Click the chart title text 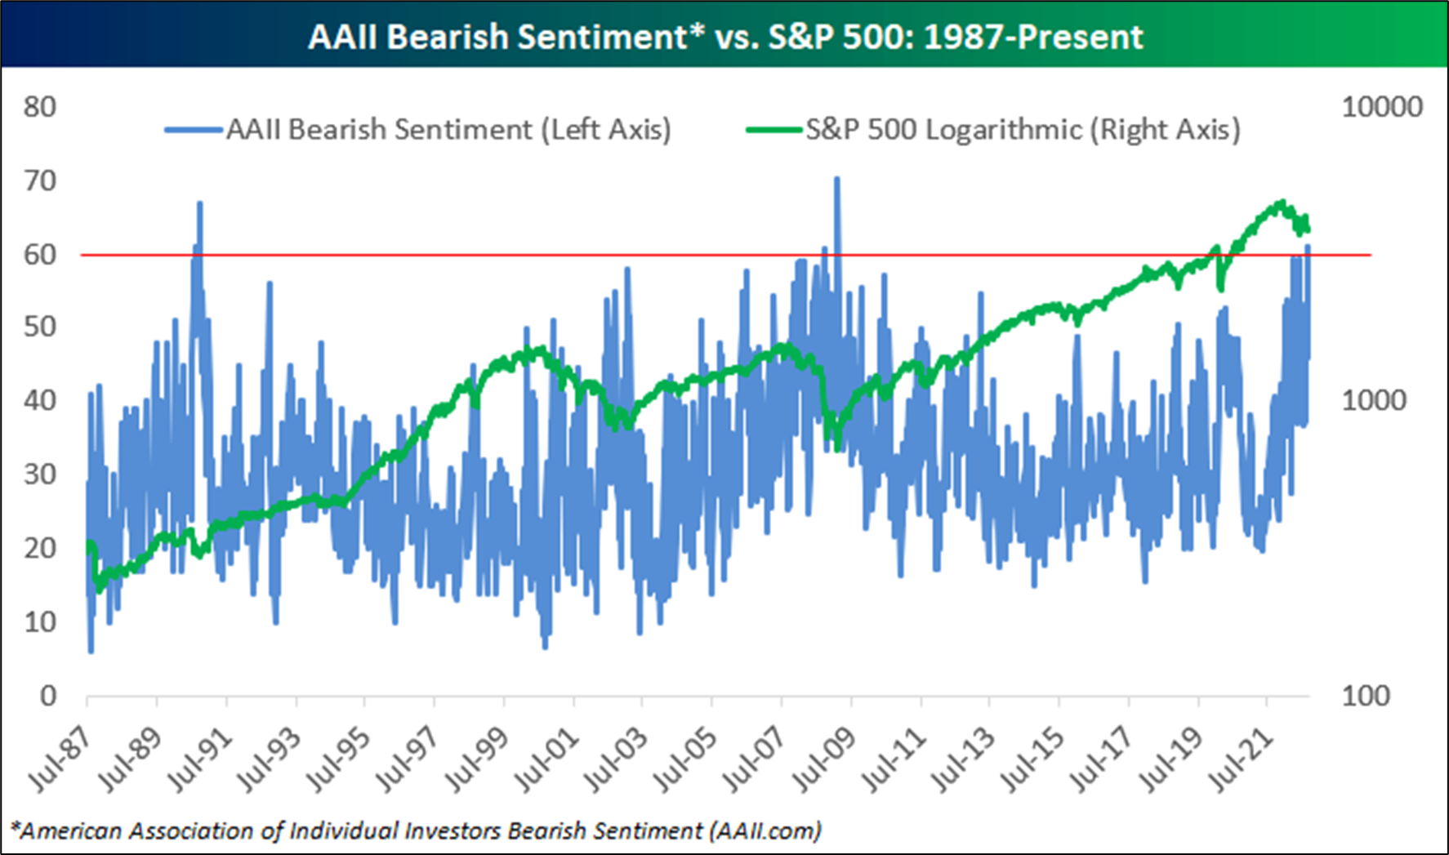coord(725,37)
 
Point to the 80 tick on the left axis coord(39,107)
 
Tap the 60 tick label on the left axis coord(39,255)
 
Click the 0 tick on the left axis coord(48,696)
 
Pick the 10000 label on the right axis coord(1381,107)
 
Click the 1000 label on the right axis coord(1373,401)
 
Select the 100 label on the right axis coord(1366,696)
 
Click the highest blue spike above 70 coord(836,179)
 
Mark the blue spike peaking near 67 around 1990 coord(199,203)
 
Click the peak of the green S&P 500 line coord(1282,202)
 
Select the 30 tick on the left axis coord(39,474)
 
